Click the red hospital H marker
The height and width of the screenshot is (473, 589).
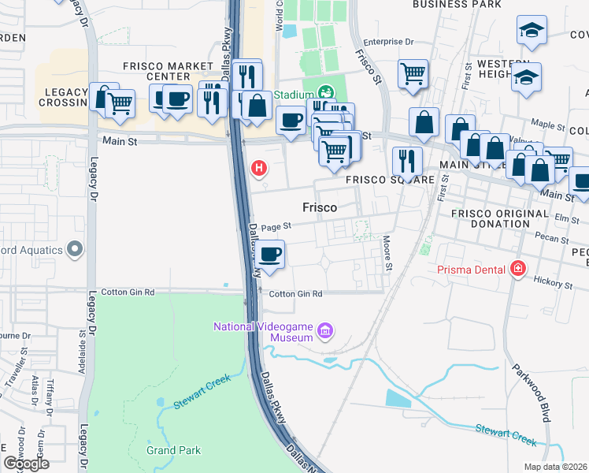(257, 168)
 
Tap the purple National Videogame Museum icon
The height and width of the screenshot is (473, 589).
(326, 331)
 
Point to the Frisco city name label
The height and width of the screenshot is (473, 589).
(320, 207)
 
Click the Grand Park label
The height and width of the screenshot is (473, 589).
(173, 451)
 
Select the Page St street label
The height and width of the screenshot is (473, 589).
(276, 225)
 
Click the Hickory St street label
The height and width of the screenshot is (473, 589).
(553, 281)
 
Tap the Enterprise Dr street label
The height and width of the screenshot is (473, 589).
(388, 41)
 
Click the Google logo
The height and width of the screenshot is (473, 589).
(26, 464)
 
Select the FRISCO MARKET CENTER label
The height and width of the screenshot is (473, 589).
(168, 71)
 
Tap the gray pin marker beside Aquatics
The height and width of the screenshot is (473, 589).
(75, 250)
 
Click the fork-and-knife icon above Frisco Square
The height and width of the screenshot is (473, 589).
(407, 160)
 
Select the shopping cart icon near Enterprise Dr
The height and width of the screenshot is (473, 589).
(413, 74)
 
